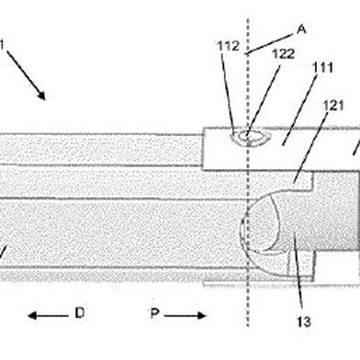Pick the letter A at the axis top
click(x=301, y=29)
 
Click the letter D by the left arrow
click(x=80, y=313)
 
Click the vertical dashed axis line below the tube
click(x=249, y=303)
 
